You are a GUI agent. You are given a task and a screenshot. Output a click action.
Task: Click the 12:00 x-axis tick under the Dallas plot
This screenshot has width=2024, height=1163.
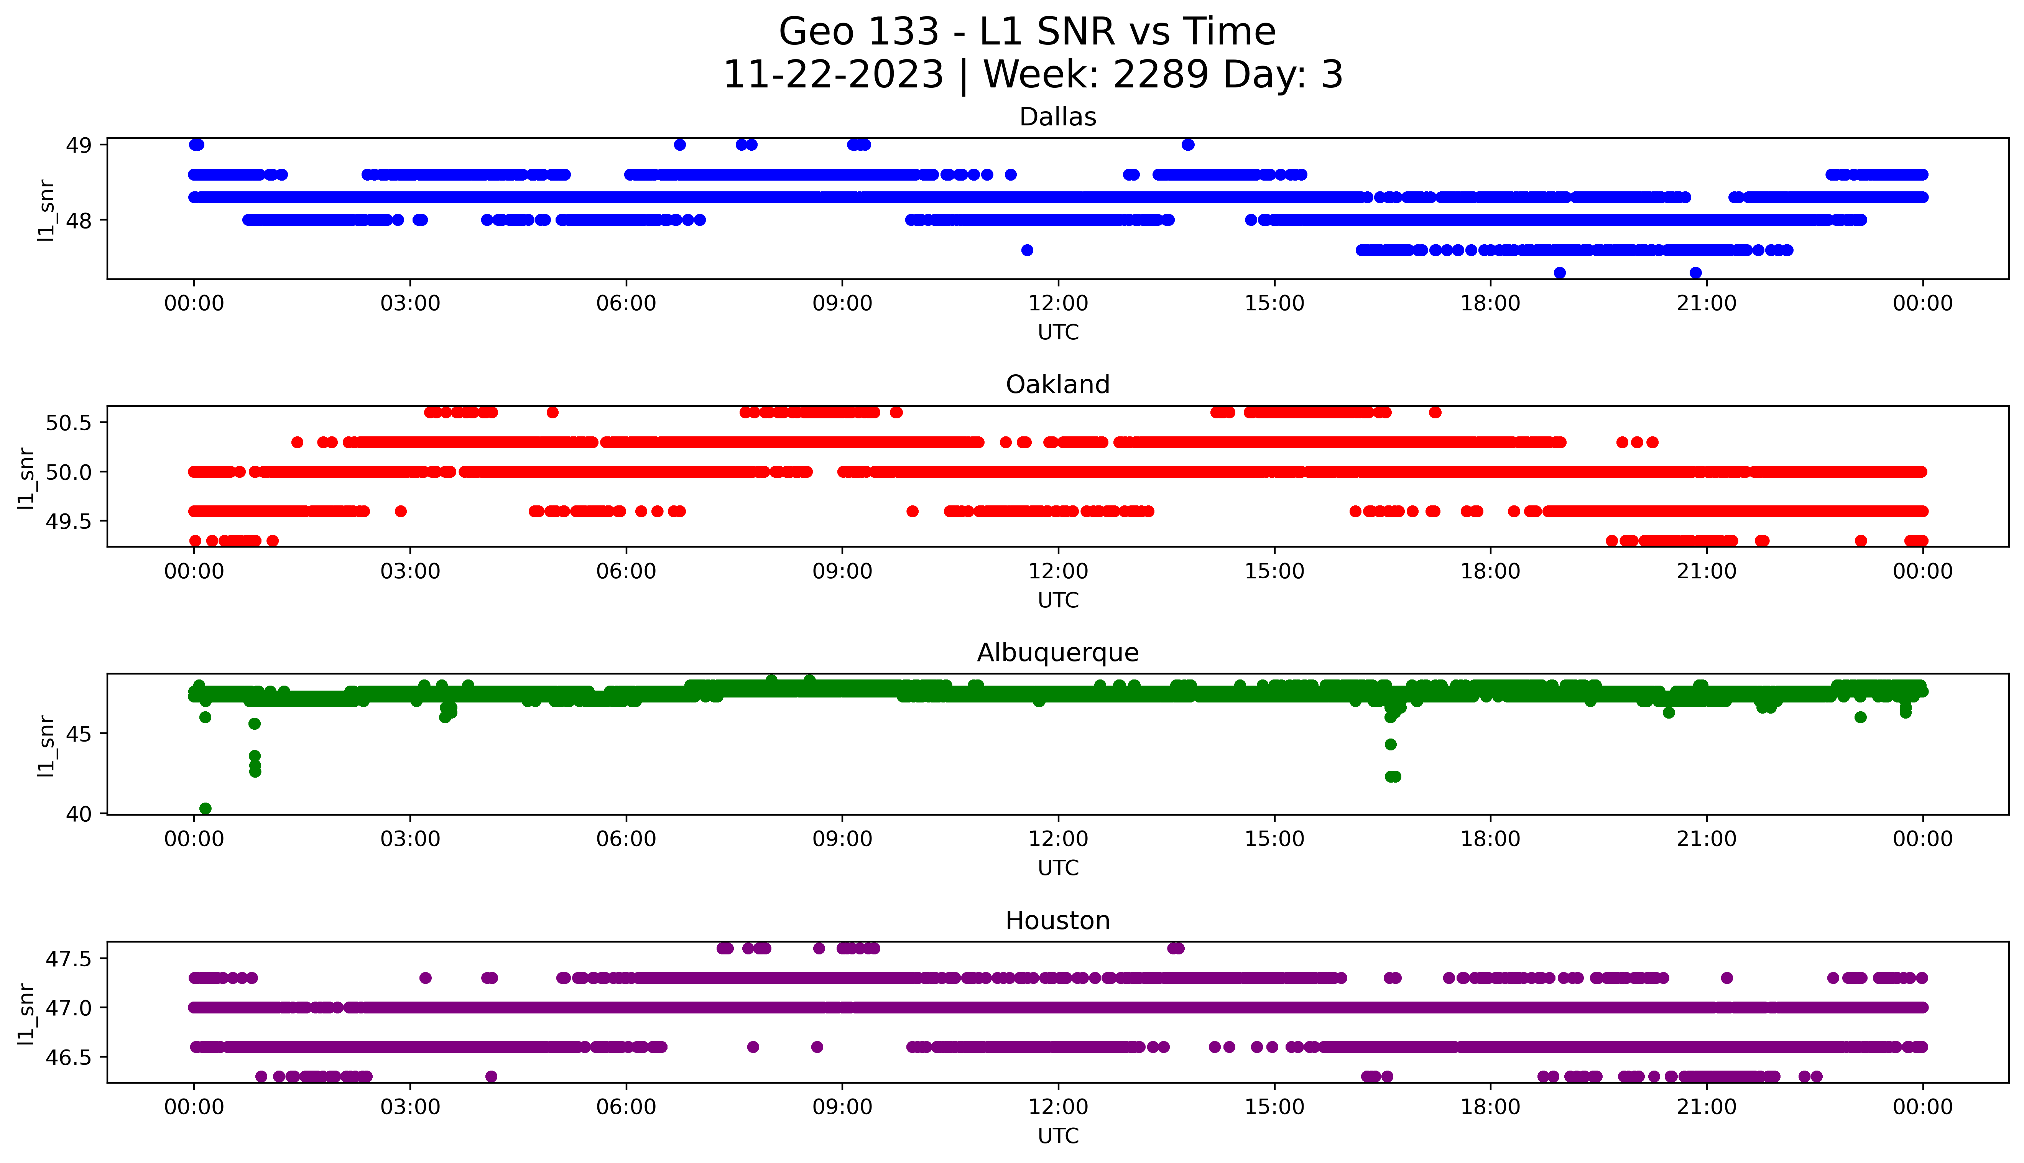1058,304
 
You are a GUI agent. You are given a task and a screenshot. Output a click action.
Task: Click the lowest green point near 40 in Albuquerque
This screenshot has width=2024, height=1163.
205,808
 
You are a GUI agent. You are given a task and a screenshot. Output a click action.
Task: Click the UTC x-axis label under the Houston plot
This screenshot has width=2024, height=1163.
1058,1135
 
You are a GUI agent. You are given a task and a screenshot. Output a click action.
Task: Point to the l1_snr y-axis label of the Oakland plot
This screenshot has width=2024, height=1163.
26,478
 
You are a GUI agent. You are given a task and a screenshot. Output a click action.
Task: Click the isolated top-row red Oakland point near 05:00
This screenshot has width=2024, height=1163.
552,412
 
